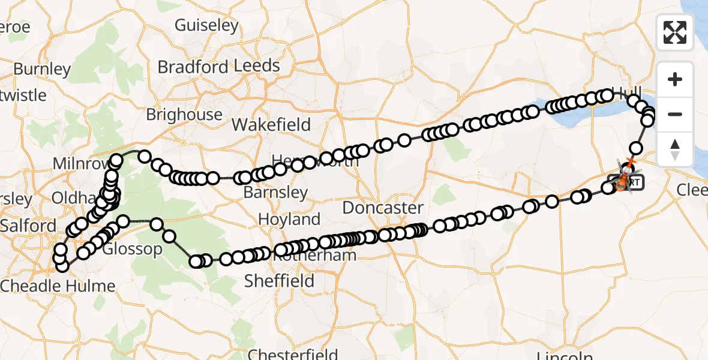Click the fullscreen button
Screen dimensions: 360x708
[x=675, y=32]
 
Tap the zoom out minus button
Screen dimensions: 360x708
[x=675, y=114]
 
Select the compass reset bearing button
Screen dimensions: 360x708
[x=675, y=149]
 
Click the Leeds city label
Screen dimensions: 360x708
[x=257, y=65]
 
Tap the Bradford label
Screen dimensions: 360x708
[x=193, y=67]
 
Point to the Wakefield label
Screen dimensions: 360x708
[x=271, y=125]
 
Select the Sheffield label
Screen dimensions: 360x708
[x=279, y=281]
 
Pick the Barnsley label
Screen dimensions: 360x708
[x=275, y=193]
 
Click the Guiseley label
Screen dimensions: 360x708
[x=206, y=25]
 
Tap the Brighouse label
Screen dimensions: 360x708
[x=184, y=114]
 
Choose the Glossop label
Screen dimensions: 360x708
[x=132, y=248]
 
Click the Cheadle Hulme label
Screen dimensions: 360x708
[x=58, y=286]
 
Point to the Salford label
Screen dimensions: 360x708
[x=28, y=226]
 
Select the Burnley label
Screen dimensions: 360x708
[x=42, y=69]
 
